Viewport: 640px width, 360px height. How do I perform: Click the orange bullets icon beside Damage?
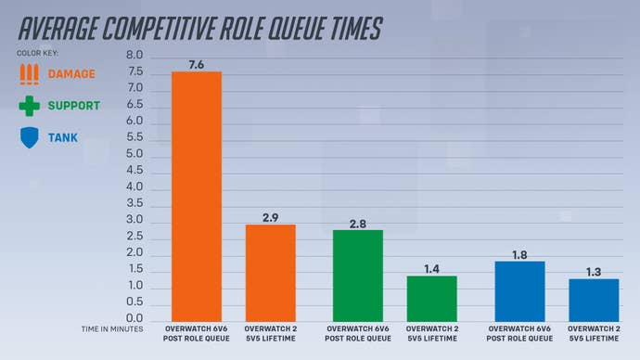pos(31,73)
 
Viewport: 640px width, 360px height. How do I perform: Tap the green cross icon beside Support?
pos(31,106)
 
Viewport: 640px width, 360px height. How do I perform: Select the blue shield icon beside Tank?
pos(31,138)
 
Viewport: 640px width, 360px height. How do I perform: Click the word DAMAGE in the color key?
pos(71,73)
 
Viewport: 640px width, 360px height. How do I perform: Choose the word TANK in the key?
pos(63,138)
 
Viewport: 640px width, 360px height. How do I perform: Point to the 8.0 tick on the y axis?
pos(134,56)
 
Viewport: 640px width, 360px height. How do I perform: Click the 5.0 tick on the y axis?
pos(134,154)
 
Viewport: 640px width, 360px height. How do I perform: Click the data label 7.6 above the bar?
pos(196,63)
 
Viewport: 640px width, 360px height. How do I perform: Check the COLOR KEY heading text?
pos(37,53)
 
